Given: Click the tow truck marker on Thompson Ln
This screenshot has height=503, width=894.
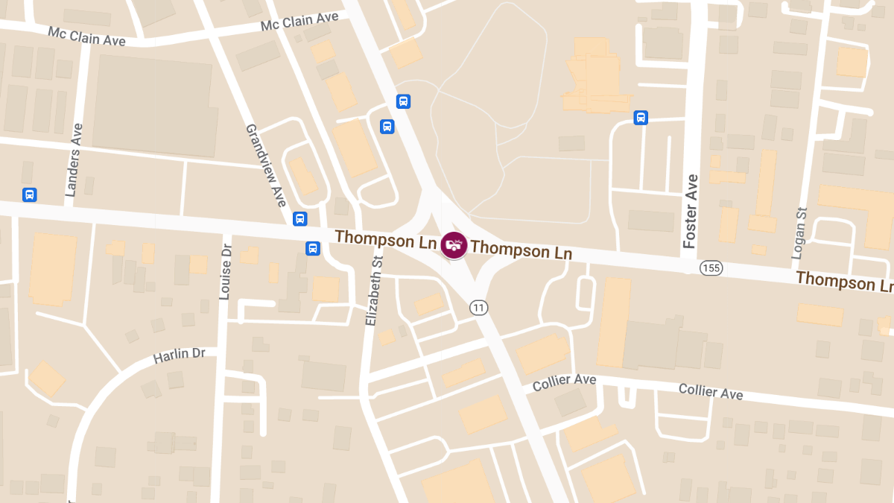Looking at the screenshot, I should (454, 244).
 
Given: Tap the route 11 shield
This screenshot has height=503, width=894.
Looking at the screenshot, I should (478, 307).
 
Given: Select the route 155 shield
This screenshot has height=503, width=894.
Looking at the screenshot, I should (711, 268).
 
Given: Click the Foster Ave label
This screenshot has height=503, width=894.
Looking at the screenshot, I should (691, 211).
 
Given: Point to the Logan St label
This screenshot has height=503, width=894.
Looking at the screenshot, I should (799, 233).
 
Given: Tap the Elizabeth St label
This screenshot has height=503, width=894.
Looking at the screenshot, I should (373, 289).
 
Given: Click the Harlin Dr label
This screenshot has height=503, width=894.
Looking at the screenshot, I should (179, 355).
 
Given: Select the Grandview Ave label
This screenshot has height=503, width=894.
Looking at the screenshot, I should (266, 165).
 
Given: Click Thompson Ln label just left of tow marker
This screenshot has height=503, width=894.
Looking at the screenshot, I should (385, 240).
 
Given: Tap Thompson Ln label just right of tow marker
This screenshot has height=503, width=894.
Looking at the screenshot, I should (521, 250).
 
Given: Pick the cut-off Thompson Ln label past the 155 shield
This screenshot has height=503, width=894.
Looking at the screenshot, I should (844, 281).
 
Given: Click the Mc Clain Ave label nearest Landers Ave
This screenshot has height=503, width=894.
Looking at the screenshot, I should (86, 37).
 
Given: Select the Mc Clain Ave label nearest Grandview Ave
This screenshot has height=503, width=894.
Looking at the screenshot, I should (299, 21).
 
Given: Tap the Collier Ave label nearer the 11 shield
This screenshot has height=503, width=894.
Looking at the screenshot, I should (564, 382).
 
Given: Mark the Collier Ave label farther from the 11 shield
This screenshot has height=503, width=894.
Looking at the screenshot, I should (710, 391).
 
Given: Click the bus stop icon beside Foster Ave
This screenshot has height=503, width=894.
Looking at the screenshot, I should (641, 118).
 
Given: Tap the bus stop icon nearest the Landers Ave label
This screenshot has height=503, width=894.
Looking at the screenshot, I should (30, 194).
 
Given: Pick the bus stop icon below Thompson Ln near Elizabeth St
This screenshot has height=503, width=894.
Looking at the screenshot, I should (313, 248).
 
